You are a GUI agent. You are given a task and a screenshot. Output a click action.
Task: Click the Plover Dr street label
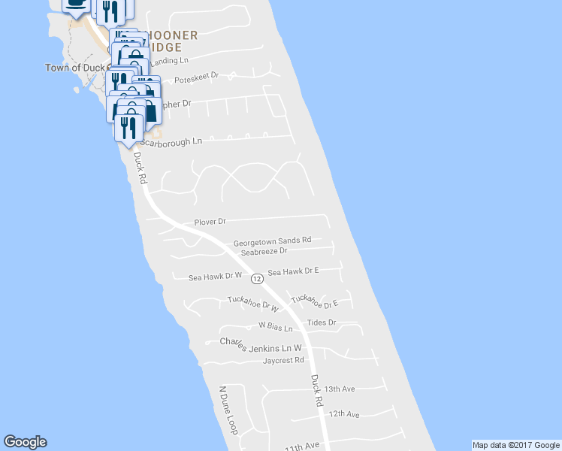[x=210, y=222]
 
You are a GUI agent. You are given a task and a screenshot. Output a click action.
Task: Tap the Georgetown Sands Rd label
[x=272, y=241]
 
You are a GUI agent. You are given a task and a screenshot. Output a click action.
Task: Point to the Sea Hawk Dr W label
[x=215, y=277]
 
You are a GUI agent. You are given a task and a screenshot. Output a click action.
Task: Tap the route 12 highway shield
[x=257, y=278]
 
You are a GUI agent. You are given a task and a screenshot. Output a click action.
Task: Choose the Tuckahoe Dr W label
[x=253, y=304]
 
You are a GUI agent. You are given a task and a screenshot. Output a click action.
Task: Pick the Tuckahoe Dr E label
[x=315, y=301]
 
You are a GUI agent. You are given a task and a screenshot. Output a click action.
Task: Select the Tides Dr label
[x=322, y=322]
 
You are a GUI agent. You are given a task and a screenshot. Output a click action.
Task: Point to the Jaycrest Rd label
[x=283, y=360]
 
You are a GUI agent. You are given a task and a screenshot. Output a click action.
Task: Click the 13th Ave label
[x=340, y=389]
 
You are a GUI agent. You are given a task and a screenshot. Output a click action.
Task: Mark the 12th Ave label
[x=344, y=414]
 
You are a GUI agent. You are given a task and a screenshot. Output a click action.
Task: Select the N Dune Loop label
[x=228, y=410]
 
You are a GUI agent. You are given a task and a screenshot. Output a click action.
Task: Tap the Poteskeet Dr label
[x=195, y=76]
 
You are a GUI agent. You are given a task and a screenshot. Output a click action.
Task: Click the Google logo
[x=25, y=443]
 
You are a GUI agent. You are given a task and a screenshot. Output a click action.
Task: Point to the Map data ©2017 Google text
[x=515, y=445]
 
